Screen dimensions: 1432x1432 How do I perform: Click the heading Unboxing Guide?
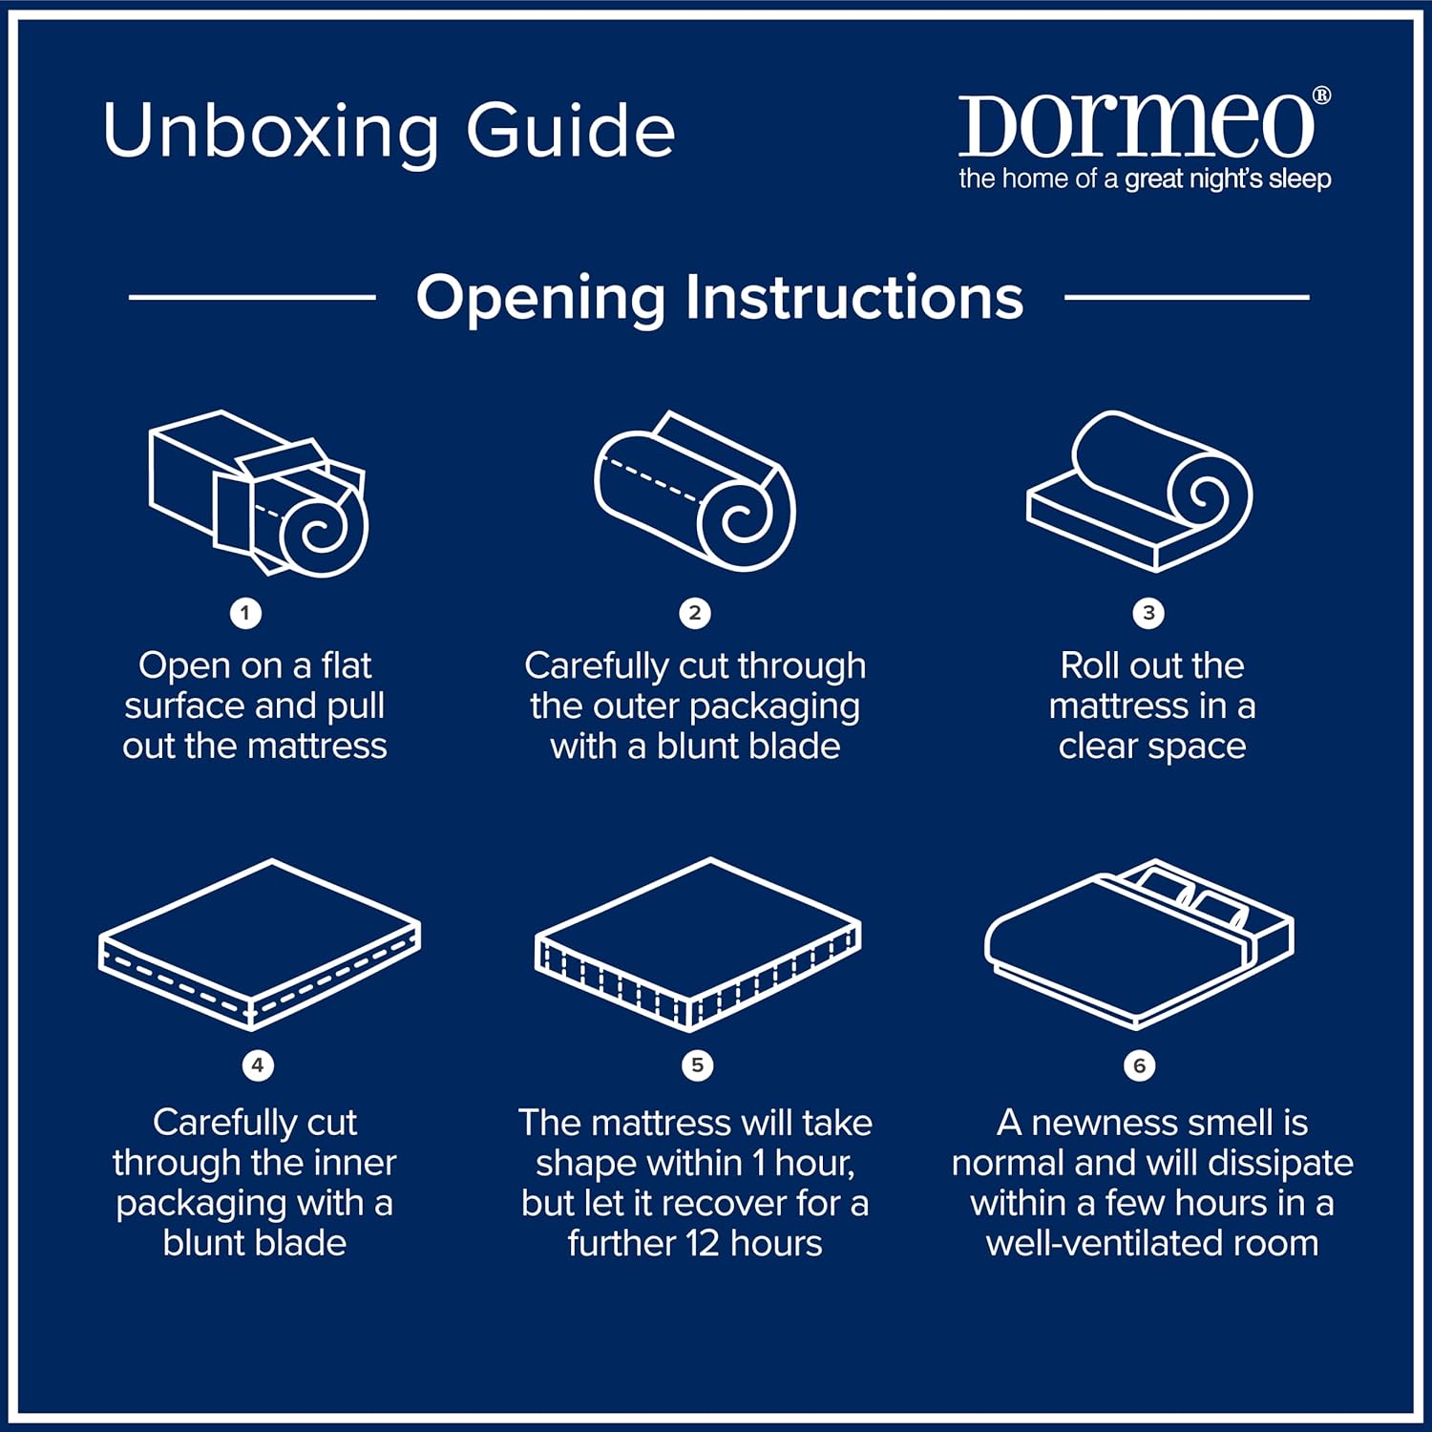tap(389, 131)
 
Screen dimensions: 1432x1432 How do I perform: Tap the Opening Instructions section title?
tap(719, 297)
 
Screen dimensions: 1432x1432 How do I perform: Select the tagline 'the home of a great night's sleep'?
tap(1144, 179)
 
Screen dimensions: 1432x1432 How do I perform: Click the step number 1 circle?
tap(245, 613)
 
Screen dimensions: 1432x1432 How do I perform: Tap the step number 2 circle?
tap(695, 613)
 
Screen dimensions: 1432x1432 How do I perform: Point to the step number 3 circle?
tap(1148, 613)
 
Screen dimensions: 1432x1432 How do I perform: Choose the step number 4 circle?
tap(257, 1064)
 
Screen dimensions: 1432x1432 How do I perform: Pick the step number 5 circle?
tap(697, 1064)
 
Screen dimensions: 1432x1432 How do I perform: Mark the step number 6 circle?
tap(1139, 1064)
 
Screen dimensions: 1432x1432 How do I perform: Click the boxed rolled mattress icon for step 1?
tap(258, 494)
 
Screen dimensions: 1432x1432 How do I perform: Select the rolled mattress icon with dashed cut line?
tap(694, 492)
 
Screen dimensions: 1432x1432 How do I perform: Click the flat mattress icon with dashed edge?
tap(259, 944)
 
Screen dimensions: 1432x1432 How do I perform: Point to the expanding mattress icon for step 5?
tap(697, 944)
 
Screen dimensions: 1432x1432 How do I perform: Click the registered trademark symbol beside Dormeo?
tap(1321, 95)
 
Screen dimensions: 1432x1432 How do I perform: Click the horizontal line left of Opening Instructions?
tap(252, 297)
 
